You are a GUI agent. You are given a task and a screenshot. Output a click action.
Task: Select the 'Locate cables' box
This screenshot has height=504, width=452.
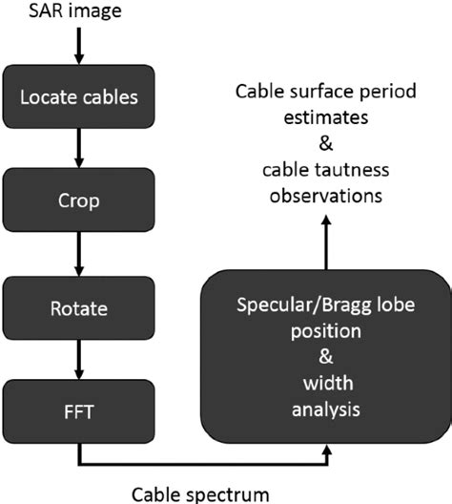coord(77,97)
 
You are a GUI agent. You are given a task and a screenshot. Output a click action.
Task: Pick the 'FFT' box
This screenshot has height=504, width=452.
coord(77,415)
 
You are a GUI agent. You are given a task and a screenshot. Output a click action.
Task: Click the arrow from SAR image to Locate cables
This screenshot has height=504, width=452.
coord(77,46)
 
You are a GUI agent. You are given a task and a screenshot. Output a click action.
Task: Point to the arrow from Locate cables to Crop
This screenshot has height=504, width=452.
coord(77,151)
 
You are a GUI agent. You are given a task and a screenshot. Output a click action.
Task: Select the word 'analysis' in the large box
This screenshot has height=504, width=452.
coord(327,412)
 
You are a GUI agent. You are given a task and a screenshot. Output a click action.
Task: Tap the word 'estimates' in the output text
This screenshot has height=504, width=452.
coord(327,122)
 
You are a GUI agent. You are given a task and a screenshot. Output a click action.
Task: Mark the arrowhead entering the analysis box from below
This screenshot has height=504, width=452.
coord(327,457)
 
